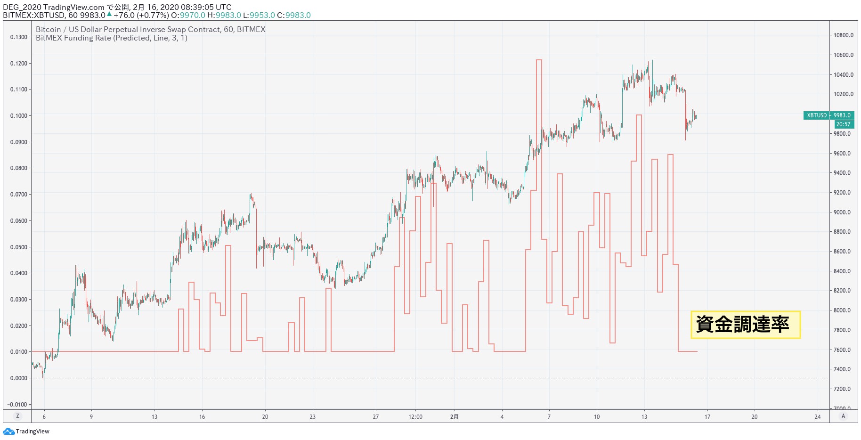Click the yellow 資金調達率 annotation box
tap(745, 325)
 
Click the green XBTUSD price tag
tap(829, 115)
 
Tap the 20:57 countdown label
tap(843, 124)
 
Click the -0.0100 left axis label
tap(17, 404)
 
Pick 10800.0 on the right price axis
tap(843, 35)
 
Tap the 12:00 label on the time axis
tap(415, 417)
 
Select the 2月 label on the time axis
tap(454, 417)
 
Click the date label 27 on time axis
tap(375, 417)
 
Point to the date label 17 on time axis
tap(707, 417)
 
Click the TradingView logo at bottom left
tap(26, 432)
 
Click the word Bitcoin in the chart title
tap(49, 29)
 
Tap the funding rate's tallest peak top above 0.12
tap(539, 60)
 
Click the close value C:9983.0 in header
tap(294, 15)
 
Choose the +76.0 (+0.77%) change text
tap(141, 15)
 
